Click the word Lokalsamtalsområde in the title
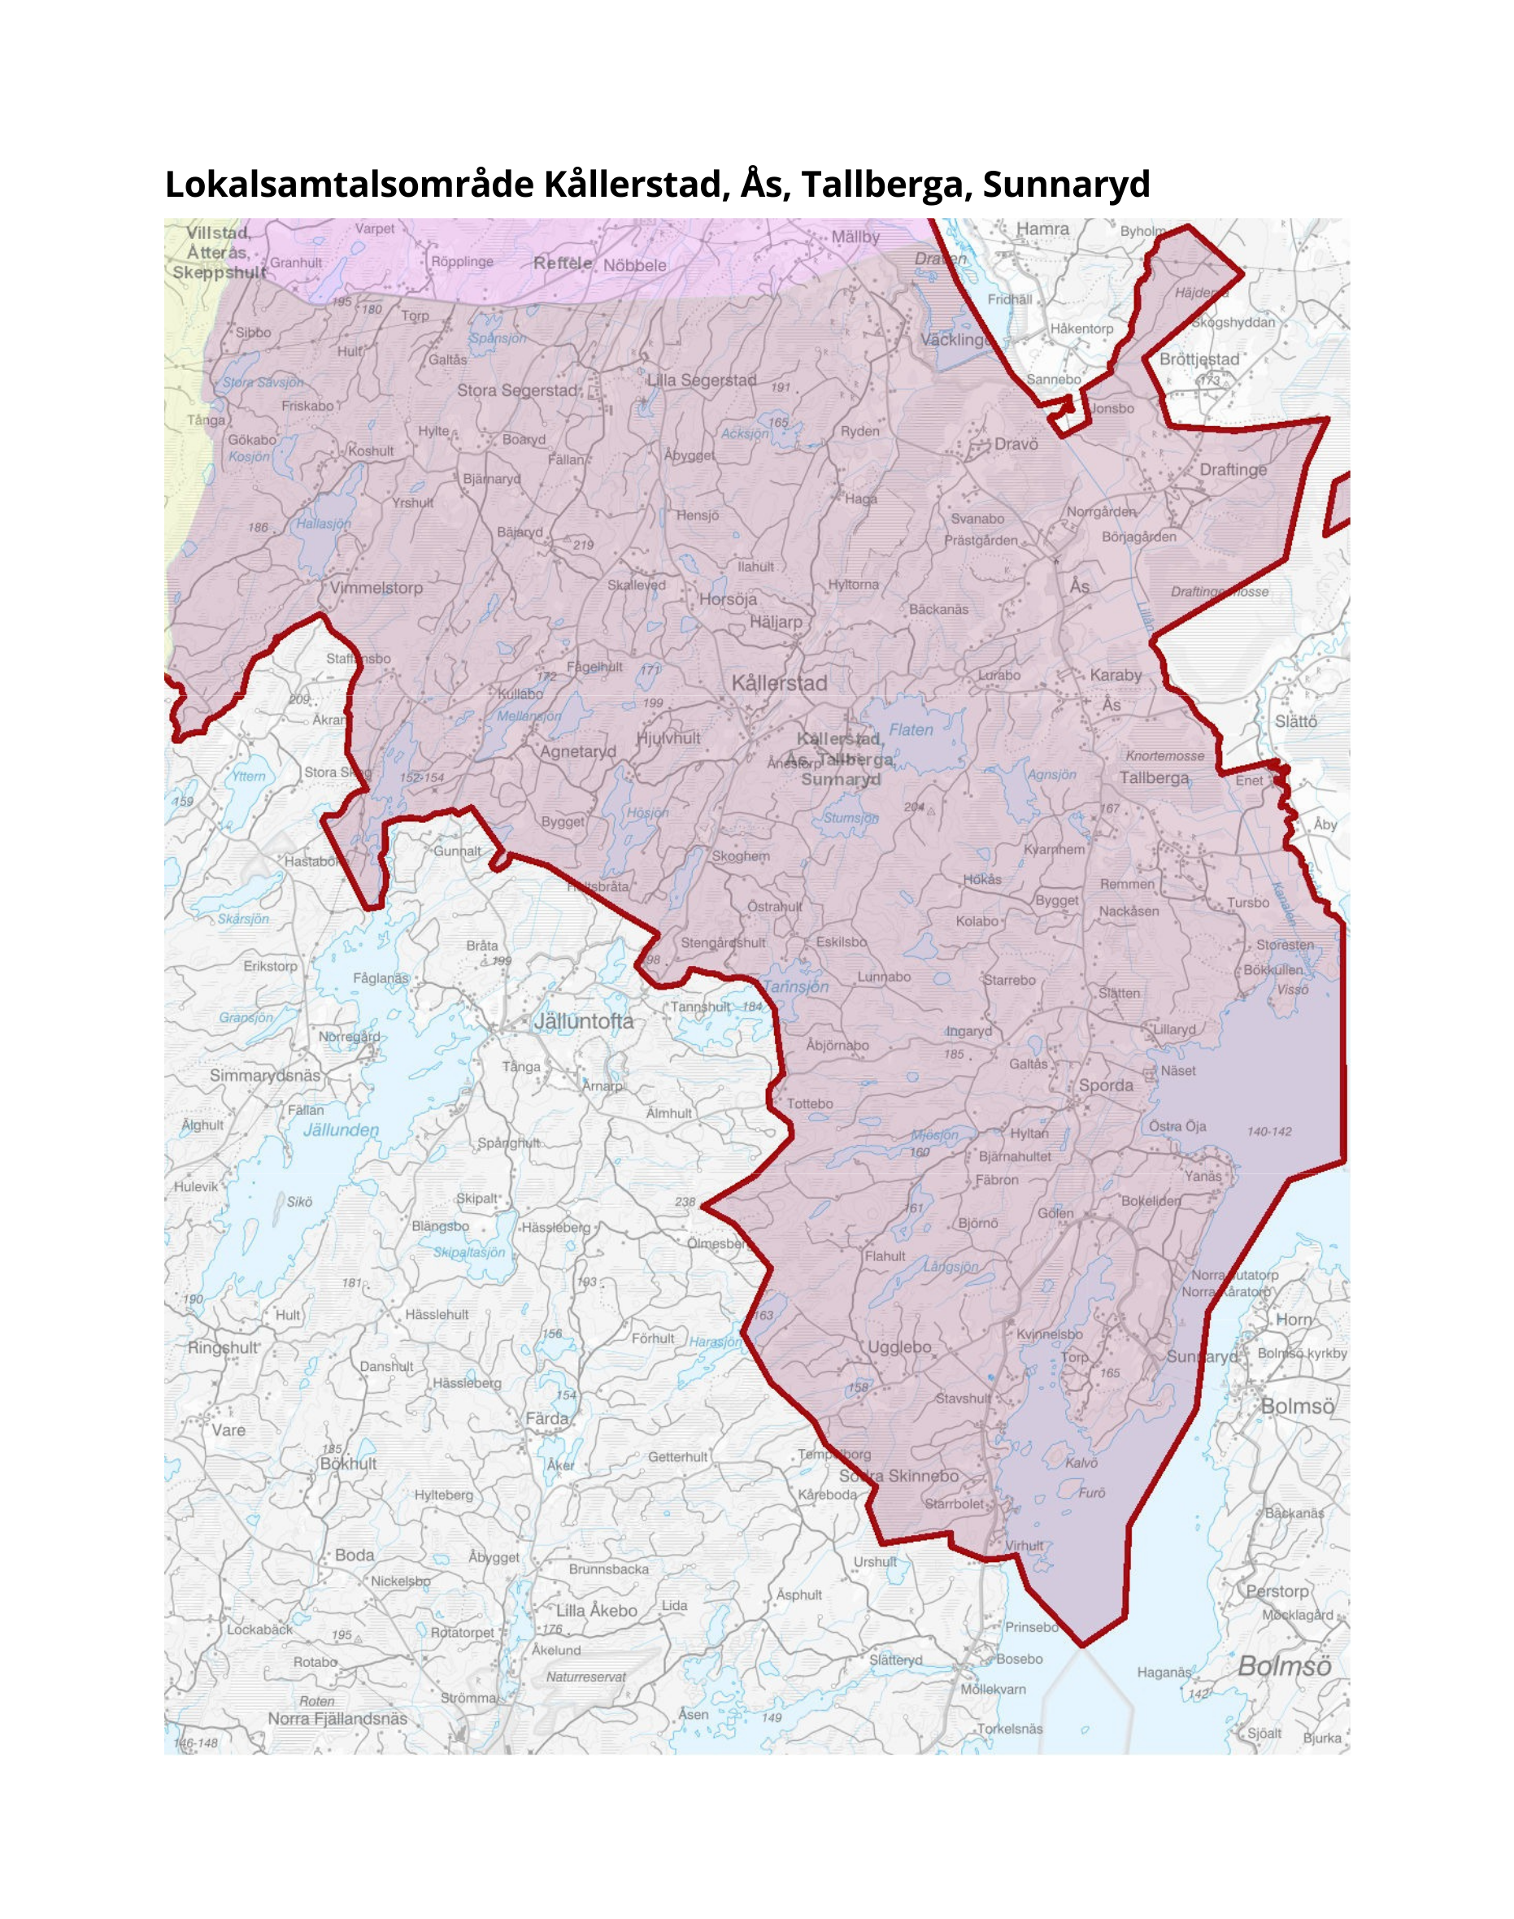coord(350,185)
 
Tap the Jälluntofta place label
coord(583,1021)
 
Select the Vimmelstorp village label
coord(376,588)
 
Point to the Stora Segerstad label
coord(517,390)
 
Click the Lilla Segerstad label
coord(701,381)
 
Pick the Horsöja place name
coord(728,599)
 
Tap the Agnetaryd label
coord(578,751)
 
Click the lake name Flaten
coord(911,729)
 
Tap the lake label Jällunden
coord(341,1130)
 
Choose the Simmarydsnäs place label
coord(265,1075)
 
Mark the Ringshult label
coord(223,1347)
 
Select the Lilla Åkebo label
coord(596,1611)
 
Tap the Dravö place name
coord(1016,444)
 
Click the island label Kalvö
coord(1081,1463)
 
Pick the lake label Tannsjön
coord(796,986)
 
